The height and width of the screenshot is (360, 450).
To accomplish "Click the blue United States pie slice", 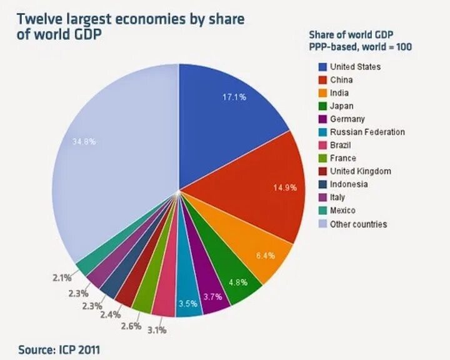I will pos(225,119).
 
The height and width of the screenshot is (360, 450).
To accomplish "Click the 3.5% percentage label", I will pos(188,304).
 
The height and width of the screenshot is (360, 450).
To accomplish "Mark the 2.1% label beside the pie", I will pos(61,277).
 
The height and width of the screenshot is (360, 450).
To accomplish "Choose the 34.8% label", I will pos(84,142).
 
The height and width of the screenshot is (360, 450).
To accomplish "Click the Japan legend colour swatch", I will pos(322,106).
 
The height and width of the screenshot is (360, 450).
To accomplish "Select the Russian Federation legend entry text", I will pos(367,132).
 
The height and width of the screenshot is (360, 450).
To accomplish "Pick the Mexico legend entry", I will pos(342,211).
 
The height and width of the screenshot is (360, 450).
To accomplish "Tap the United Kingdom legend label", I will pos(361,171).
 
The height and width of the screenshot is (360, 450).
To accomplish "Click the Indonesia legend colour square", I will pos(322,184).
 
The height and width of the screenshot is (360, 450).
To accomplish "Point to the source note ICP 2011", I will pos(58,349).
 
